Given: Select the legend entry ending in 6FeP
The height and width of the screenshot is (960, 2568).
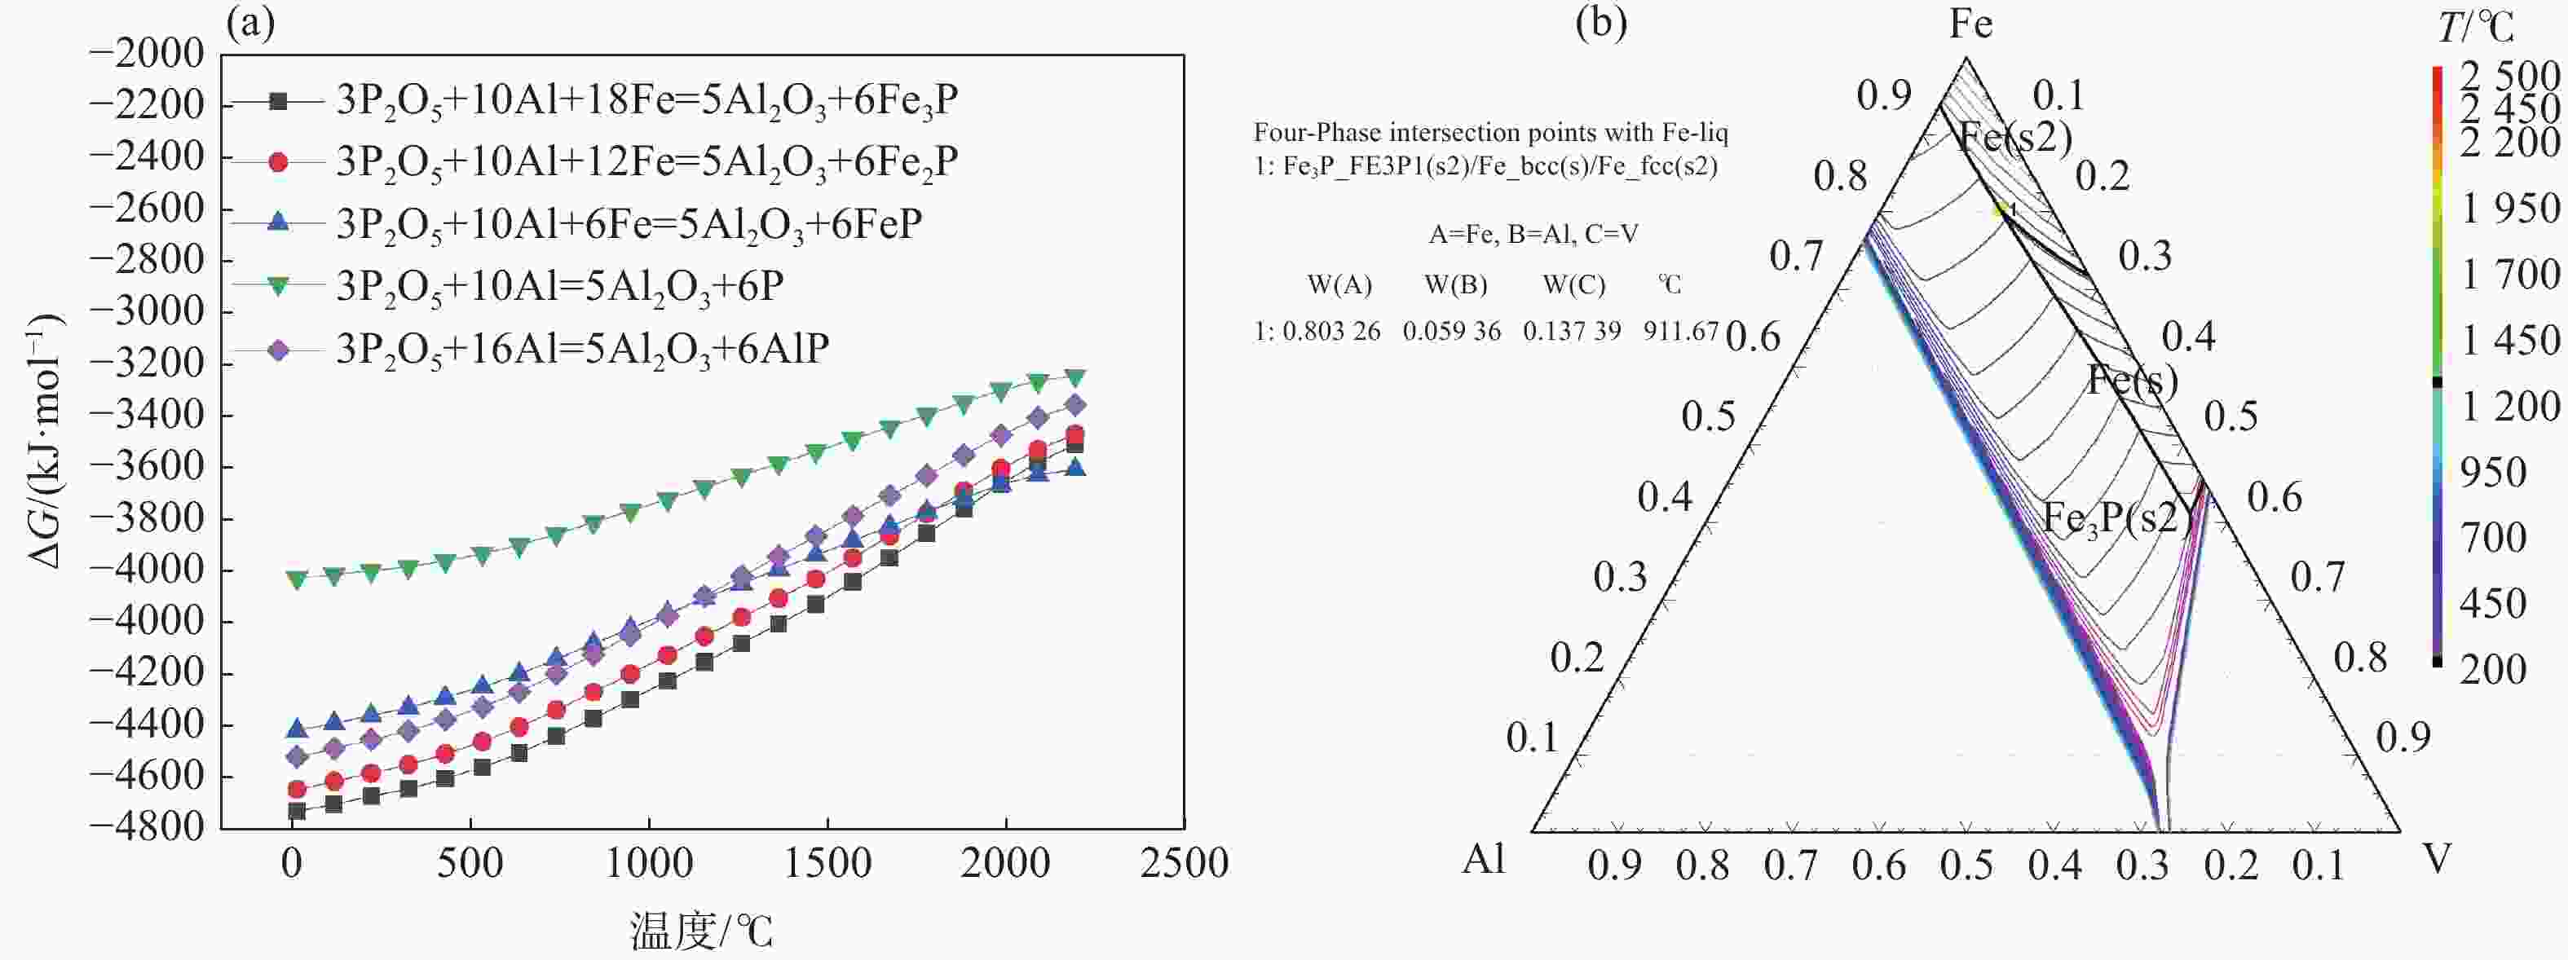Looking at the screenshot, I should point(628,224).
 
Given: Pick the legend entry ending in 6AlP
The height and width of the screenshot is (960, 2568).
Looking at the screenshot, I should point(582,349).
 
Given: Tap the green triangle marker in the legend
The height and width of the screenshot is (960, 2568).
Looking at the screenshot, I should point(279,287).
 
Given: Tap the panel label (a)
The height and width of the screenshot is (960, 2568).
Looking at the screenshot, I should point(250,22).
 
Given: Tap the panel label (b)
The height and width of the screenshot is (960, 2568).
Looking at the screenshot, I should point(1601,22).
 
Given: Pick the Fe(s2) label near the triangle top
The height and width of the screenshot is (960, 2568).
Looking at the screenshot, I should point(2014,138).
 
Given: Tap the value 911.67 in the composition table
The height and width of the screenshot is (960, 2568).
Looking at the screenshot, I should point(1681,331).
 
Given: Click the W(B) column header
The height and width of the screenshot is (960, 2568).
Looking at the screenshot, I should point(1454,286).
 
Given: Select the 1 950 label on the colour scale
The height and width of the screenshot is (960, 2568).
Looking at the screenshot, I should point(2509,209).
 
